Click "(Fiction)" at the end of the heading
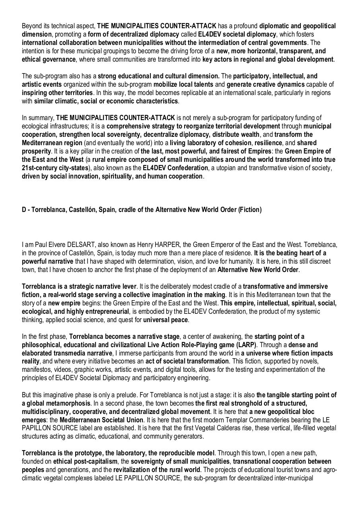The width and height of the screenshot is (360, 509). [x=250, y=210]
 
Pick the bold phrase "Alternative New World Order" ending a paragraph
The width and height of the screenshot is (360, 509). [x=258, y=270]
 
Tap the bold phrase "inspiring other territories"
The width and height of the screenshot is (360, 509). [x=57, y=93]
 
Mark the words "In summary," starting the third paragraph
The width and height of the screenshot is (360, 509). [x=38, y=118]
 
